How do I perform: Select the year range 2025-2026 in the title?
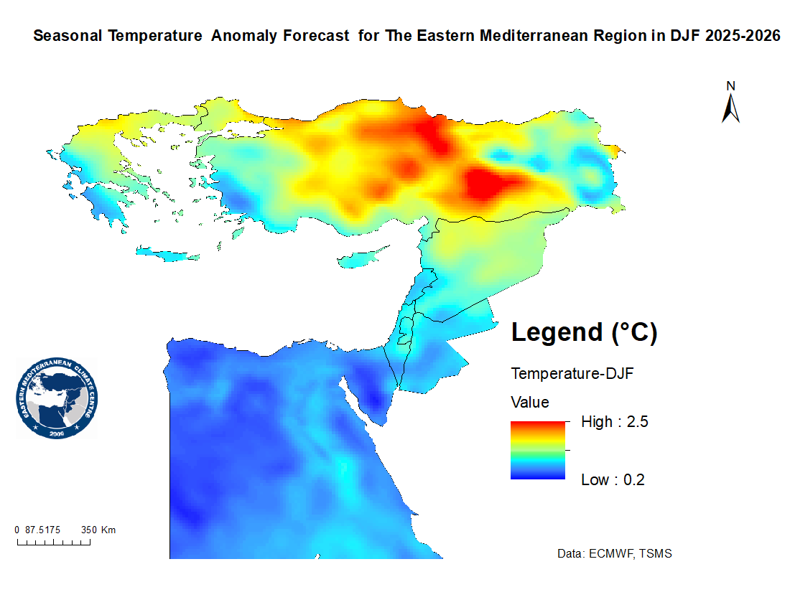click(x=742, y=36)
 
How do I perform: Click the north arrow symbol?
click(x=731, y=109)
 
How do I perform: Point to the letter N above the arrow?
click(x=731, y=86)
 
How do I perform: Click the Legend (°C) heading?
click(x=584, y=332)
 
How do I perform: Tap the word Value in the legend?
click(x=530, y=401)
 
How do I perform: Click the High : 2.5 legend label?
click(x=615, y=422)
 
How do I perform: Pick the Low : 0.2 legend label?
click(x=613, y=480)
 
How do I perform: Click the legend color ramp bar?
click(x=538, y=450)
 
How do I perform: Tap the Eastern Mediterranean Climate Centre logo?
click(x=57, y=398)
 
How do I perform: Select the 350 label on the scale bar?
click(x=89, y=530)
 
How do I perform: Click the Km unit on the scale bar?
click(x=108, y=530)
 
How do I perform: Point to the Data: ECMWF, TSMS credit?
click(x=615, y=554)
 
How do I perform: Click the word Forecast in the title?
click(x=319, y=36)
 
